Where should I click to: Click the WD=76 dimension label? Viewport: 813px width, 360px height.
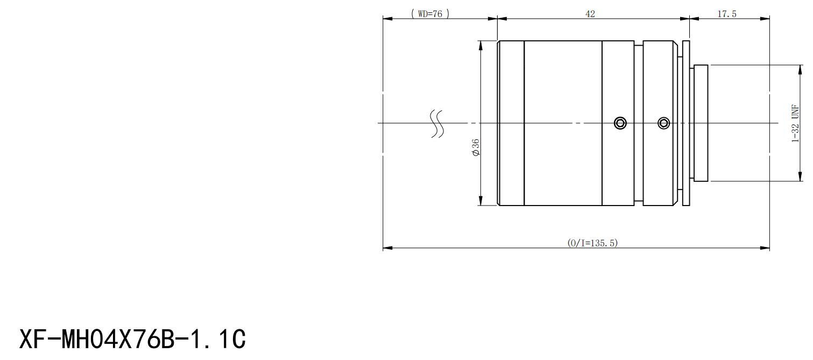pyautogui.click(x=430, y=14)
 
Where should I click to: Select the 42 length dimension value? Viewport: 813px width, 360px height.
pyautogui.click(x=590, y=14)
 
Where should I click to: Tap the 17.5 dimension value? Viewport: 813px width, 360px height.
pyautogui.click(x=727, y=14)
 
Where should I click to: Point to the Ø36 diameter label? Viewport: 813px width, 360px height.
pyautogui.click(x=476, y=147)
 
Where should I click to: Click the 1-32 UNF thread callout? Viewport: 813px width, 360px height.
pyautogui.click(x=795, y=123)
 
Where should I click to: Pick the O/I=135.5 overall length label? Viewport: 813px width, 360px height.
pyautogui.click(x=592, y=243)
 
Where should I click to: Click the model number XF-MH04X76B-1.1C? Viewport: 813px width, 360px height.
pyautogui.click(x=132, y=339)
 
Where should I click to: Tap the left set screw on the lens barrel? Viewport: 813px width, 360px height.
pyautogui.click(x=620, y=123)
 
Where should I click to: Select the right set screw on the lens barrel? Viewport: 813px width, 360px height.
pyautogui.click(x=663, y=123)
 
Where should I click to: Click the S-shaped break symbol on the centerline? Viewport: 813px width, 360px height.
pyautogui.click(x=437, y=124)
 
